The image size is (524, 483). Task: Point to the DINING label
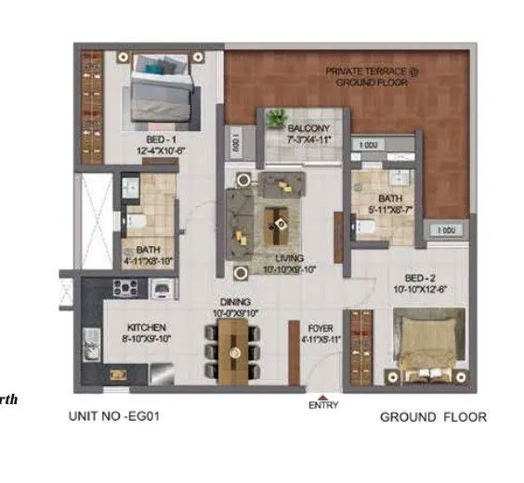pyautogui.click(x=235, y=301)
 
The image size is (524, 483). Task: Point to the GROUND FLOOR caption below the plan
pyautogui.click(x=432, y=417)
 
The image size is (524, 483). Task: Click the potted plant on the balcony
pyautogui.click(x=276, y=119)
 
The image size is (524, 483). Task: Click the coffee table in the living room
pyautogui.click(x=277, y=219)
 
